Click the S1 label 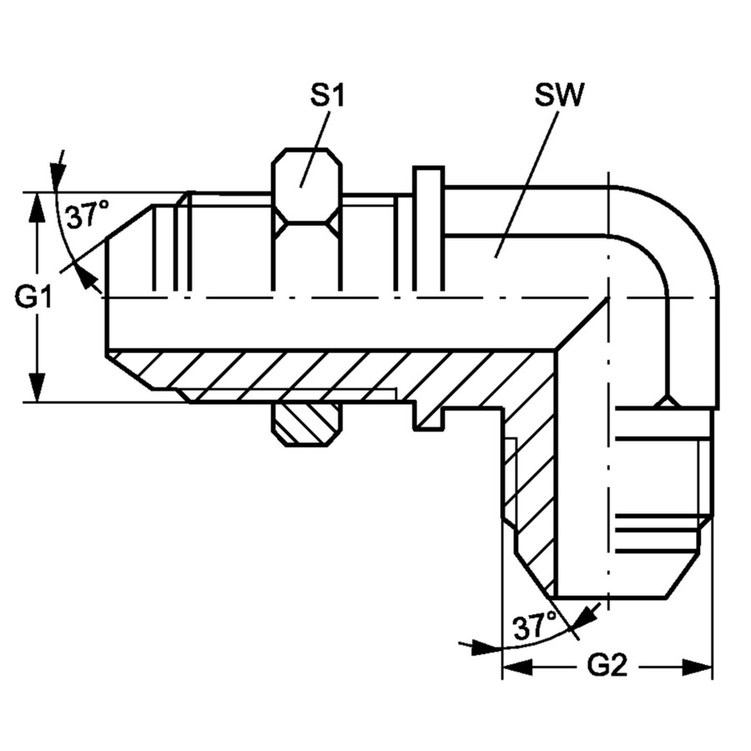327,94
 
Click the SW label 559,94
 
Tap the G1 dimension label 35,296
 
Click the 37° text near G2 535,625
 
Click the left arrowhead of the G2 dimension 516,666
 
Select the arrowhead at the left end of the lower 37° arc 476,646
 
